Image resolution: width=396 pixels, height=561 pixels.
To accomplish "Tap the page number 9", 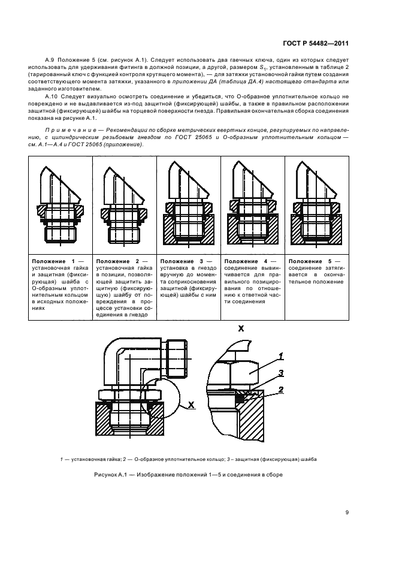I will click(x=347, y=512).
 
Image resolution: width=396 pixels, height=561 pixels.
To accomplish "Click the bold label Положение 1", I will click(x=53, y=262).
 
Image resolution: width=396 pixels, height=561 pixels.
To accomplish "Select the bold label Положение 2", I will click(x=117, y=262).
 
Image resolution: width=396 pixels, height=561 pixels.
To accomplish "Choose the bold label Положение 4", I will click(x=246, y=262).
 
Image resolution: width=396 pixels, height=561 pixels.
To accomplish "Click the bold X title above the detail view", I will click(x=241, y=329).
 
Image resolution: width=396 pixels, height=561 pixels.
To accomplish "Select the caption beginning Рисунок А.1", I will click(x=188, y=475).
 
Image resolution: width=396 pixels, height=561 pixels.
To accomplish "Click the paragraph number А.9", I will click(x=52, y=61).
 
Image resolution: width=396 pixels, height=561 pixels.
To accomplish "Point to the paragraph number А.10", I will click(x=53, y=96).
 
